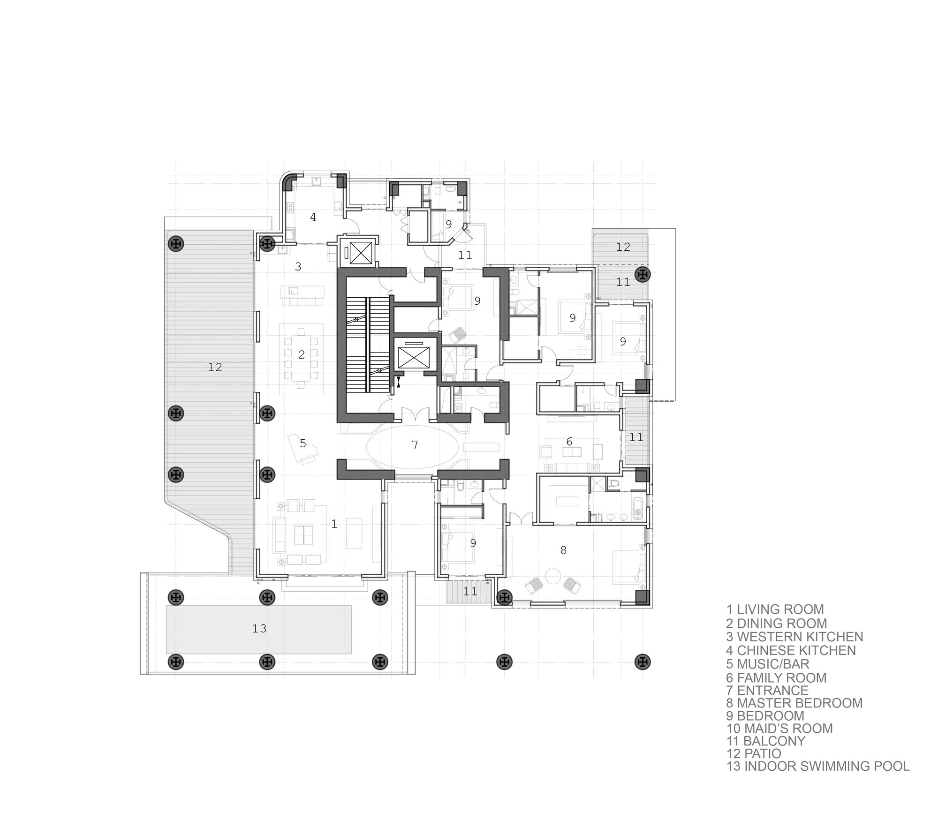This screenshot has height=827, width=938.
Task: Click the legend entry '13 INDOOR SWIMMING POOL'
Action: [x=818, y=767]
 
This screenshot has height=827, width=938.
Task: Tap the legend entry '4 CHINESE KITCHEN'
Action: [x=791, y=650]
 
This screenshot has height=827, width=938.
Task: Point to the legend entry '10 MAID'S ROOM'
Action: [x=779, y=729]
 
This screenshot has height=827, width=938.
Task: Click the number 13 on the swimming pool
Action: [x=259, y=628]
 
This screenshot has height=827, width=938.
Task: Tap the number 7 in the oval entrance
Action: [x=415, y=444]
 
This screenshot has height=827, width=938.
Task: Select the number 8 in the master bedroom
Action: [x=563, y=550]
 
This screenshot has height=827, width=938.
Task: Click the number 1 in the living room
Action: [x=334, y=524]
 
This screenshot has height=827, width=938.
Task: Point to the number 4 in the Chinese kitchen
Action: [x=313, y=217]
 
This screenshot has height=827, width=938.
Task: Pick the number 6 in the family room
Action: [x=569, y=441]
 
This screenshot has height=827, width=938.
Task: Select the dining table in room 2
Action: [x=302, y=355]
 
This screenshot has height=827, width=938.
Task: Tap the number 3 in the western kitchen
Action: [x=298, y=267]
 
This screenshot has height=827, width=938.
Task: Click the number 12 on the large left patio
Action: [x=215, y=367]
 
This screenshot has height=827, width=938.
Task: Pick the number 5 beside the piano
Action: [x=303, y=443]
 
